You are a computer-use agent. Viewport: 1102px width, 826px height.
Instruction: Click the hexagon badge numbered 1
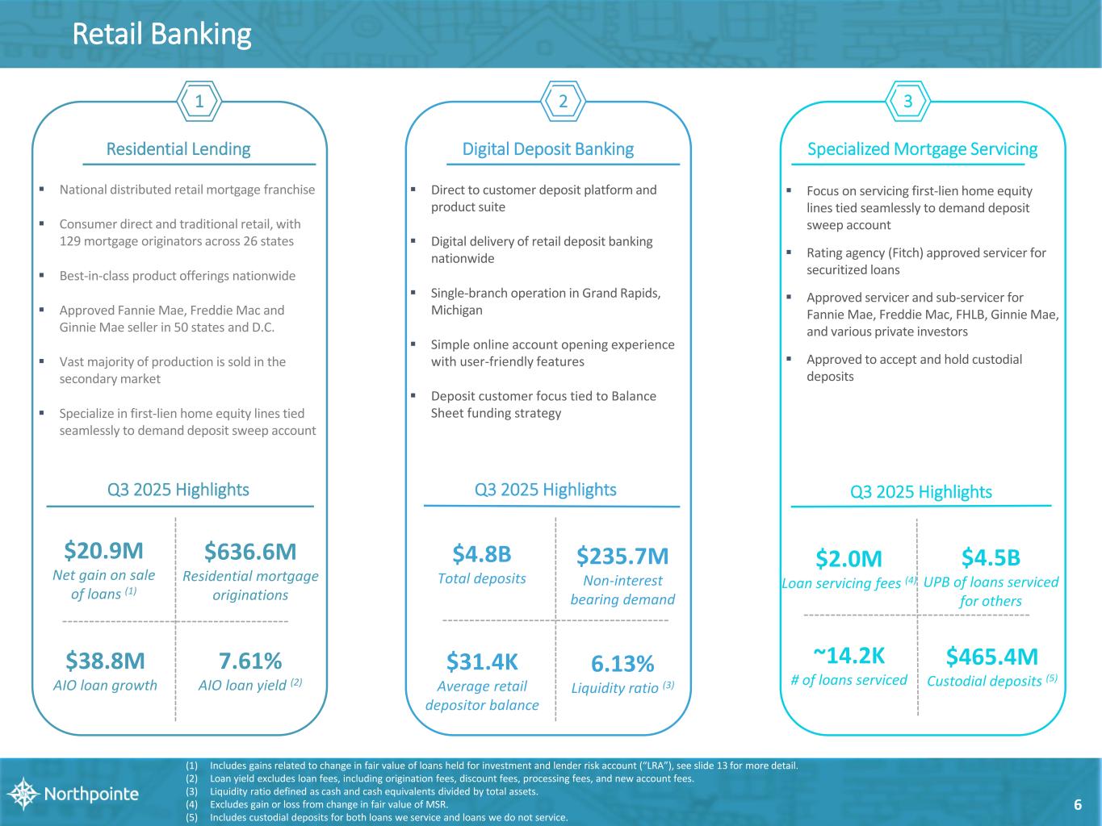(x=199, y=102)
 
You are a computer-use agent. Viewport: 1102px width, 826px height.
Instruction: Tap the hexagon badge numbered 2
(x=564, y=102)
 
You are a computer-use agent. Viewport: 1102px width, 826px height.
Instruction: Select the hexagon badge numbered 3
(x=908, y=102)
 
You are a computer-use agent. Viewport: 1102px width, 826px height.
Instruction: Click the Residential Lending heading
(x=178, y=149)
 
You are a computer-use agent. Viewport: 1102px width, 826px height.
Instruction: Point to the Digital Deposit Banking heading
(x=547, y=149)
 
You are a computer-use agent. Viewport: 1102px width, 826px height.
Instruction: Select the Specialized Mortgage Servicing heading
(x=923, y=149)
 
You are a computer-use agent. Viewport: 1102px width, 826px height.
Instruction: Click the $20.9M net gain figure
(x=103, y=551)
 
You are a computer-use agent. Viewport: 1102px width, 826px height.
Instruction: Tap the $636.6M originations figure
(x=250, y=552)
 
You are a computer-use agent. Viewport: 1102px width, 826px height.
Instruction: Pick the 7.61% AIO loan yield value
(x=250, y=661)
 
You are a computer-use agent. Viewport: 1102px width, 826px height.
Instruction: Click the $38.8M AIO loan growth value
(x=105, y=661)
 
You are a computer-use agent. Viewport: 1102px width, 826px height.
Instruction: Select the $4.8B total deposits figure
(x=482, y=554)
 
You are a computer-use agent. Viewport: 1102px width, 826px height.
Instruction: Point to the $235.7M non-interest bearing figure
(x=622, y=556)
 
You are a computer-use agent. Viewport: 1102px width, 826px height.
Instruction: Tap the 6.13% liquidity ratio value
(x=622, y=664)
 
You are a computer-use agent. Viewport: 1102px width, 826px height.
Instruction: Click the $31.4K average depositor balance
(x=482, y=661)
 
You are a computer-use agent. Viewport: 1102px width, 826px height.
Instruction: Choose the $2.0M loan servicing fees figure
(x=848, y=558)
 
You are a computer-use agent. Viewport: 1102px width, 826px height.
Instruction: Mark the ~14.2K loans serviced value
(x=848, y=654)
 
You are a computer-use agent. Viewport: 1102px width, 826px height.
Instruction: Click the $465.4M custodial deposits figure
(x=992, y=656)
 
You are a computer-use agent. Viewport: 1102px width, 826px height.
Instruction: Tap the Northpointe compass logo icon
(x=23, y=794)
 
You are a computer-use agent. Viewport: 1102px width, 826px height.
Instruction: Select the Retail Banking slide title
(x=161, y=35)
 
